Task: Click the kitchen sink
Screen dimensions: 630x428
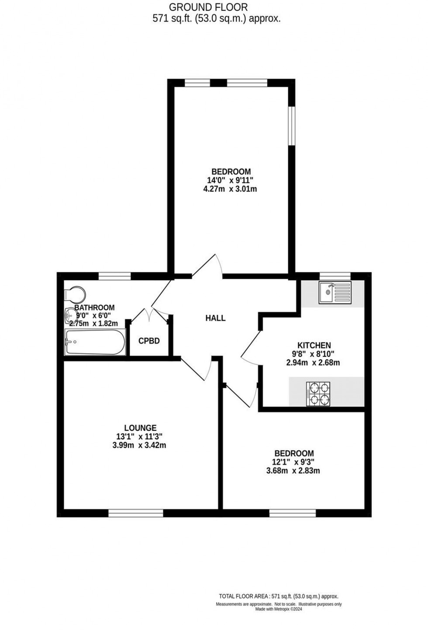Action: [335, 293]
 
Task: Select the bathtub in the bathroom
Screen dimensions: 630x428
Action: [95, 342]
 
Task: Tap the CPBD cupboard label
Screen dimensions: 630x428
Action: [149, 341]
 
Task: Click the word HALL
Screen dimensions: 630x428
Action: [215, 318]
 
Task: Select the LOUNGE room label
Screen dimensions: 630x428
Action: [140, 428]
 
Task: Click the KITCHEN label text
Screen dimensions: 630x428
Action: [314, 345]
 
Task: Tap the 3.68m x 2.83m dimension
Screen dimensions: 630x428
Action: [293, 471]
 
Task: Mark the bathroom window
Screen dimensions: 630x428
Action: [114, 276]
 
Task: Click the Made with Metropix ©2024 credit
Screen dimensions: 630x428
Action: [279, 609]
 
